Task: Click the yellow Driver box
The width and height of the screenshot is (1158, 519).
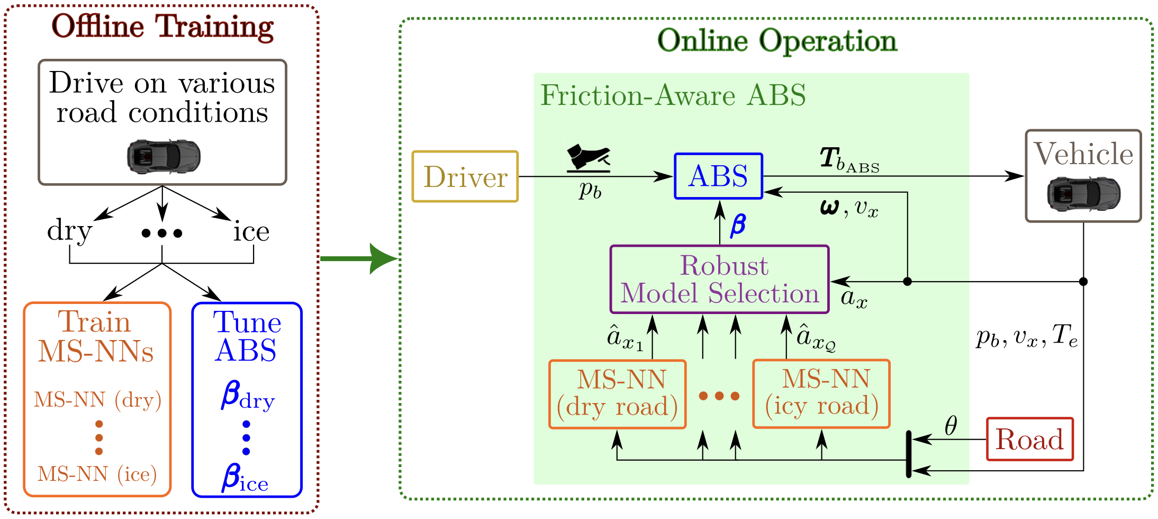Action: coord(465,177)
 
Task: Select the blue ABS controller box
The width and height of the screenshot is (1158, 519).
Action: coord(718,176)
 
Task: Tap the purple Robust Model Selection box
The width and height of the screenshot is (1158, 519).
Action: coord(719,280)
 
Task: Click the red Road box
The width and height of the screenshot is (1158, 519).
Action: coord(1029,440)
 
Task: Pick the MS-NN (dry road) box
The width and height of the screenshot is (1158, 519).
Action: coord(617,394)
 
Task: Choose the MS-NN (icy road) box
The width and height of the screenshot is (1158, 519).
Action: coord(821,393)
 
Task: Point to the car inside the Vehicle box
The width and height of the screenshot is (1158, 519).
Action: coord(1083,194)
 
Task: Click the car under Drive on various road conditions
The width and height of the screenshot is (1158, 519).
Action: coord(164,156)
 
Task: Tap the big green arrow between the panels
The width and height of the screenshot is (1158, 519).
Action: coord(360,258)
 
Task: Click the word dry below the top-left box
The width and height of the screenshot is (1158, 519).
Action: coord(69,231)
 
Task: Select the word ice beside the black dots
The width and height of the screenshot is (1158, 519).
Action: coord(251,231)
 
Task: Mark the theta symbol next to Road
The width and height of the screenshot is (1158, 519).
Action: coord(951,425)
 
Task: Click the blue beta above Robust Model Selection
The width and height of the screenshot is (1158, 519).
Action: coord(738,224)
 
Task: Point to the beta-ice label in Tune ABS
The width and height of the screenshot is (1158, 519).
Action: coord(245,477)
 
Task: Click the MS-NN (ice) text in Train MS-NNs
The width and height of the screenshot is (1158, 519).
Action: coord(97,474)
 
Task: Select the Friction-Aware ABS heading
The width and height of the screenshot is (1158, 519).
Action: coord(673,95)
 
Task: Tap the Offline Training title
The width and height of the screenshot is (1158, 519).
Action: coord(162,26)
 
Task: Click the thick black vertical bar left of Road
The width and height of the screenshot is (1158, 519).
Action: coord(908,454)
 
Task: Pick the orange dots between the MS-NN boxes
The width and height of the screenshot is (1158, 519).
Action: coord(719,396)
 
